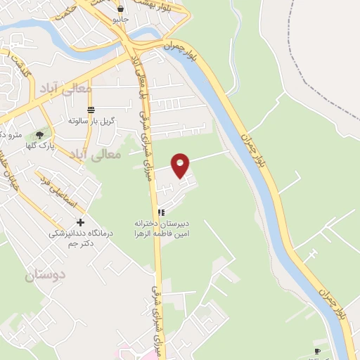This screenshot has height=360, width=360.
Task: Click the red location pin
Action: click(181, 165)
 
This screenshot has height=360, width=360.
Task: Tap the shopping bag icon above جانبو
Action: click(121, 9)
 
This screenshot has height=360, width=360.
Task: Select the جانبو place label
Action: click(121, 20)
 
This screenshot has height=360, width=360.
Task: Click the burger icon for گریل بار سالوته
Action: click(90, 110)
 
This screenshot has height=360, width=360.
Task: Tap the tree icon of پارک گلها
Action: click(39, 134)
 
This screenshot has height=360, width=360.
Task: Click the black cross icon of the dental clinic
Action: click(80, 222)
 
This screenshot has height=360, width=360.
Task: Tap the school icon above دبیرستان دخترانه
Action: click(161, 212)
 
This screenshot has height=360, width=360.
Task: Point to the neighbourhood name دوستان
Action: click(45, 276)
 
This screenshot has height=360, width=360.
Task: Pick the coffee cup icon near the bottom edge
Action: click(317, 350)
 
